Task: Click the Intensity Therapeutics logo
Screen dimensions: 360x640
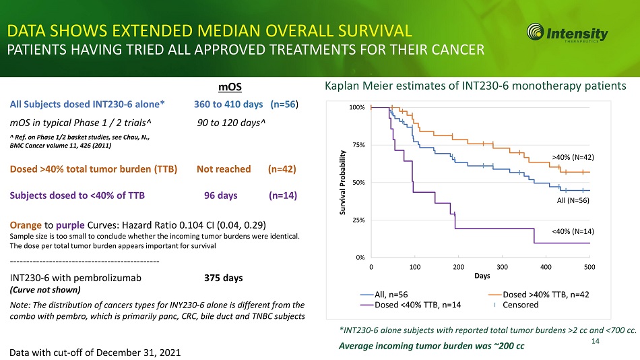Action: click(567, 33)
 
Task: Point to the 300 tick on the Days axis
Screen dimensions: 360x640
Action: click(502, 267)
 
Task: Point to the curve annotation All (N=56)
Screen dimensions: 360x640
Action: click(571, 200)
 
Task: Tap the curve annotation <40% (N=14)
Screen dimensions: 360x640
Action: click(571, 231)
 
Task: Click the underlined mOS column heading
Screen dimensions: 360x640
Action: click(230, 88)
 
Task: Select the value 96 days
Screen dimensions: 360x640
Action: click(220, 196)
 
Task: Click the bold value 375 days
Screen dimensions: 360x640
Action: click(223, 278)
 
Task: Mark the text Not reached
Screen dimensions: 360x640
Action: click(224, 169)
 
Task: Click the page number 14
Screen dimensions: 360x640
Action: click(595, 342)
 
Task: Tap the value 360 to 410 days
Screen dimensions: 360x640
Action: click(228, 104)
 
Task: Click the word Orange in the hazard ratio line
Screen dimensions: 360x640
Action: click(27, 224)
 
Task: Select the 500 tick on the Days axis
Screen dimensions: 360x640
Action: click(589, 267)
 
